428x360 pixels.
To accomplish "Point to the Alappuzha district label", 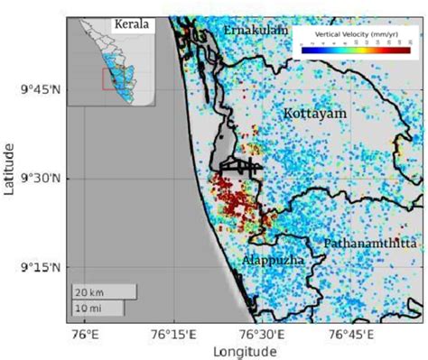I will click(266, 260).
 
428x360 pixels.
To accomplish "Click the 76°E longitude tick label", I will click(83, 334).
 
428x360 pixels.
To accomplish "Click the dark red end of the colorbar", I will click(406, 51).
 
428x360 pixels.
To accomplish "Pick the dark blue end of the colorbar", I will click(306, 51).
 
